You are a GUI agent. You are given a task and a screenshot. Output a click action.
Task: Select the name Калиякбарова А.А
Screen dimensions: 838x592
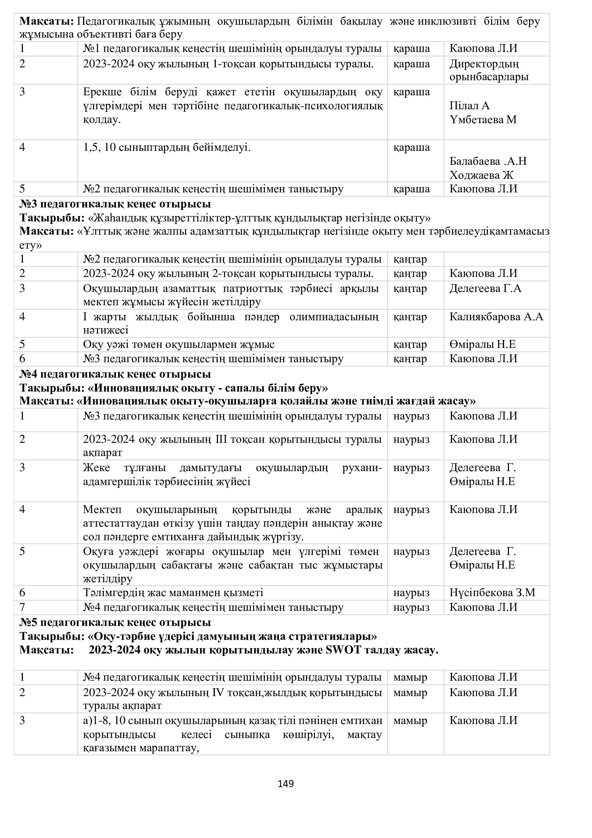pyautogui.click(x=496, y=317)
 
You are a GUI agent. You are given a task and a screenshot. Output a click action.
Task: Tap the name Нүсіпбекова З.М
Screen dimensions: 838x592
pyautogui.click(x=492, y=592)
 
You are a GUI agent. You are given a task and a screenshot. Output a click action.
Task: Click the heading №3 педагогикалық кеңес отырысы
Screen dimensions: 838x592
pyautogui.click(x=115, y=203)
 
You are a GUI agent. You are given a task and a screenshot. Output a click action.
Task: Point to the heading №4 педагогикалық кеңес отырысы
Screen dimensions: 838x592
pyautogui.click(x=115, y=374)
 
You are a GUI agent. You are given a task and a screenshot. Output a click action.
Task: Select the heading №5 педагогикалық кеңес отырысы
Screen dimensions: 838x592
pyautogui.click(x=115, y=622)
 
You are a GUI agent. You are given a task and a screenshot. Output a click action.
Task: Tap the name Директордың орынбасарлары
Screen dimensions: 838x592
pyautogui.click(x=489, y=70)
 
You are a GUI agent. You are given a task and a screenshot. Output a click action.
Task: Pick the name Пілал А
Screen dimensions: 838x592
pyautogui.click(x=470, y=105)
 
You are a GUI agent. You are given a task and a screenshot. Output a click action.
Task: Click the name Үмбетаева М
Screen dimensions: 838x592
pyautogui.click(x=483, y=120)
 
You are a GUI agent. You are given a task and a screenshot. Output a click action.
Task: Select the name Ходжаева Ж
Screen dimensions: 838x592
pyautogui.click(x=481, y=175)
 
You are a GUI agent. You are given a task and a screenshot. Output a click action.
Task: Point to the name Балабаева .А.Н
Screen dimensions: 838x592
pyautogui.click(x=488, y=161)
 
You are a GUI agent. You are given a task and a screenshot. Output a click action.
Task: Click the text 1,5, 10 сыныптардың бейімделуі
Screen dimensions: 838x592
pyautogui.click(x=167, y=148)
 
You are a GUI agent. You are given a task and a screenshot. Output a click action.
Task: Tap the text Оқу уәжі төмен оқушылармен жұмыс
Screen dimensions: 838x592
pyautogui.click(x=179, y=344)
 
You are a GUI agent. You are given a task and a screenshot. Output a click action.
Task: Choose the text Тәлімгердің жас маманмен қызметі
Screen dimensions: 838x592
pyautogui.click(x=173, y=592)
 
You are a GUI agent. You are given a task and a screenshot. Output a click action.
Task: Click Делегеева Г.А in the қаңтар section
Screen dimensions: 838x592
pyautogui.click(x=485, y=288)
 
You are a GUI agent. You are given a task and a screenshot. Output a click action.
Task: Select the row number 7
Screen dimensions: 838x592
pyautogui.click(x=22, y=607)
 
